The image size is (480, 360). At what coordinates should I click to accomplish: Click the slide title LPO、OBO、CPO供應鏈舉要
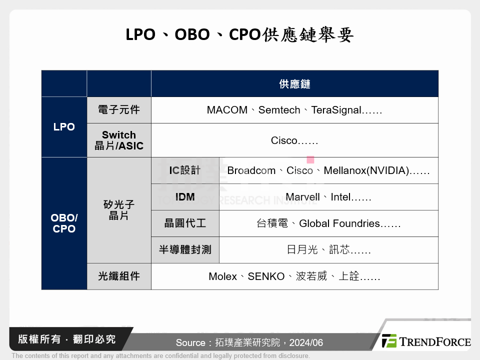pyautogui.click(x=240, y=35)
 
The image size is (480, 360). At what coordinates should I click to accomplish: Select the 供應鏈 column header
pyautogui.click(x=294, y=84)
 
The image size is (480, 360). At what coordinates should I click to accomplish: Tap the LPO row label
pyautogui.click(x=64, y=127)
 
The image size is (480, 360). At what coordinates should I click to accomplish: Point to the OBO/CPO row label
pyautogui.click(x=64, y=223)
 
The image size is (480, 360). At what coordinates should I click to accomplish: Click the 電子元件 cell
pyautogui.click(x=119, y=110)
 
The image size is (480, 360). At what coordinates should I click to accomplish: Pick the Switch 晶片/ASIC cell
pyautogui.click(x=119, y=140)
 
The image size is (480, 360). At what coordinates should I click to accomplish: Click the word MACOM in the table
pyautogui.click(x=227, y=110)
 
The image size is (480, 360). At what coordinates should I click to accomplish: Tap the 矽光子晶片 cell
pyautogui.click(x=119, y=210)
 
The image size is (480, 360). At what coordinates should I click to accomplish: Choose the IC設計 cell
pyautogui.click(x=185, y=170)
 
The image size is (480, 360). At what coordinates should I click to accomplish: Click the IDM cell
pyautogui.click(x=185, y=197)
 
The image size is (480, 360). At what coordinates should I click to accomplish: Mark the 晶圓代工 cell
pyautogui.click(x=185, y=223)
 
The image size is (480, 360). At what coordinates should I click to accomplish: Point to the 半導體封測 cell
pyautogui.click(x=185, y=250)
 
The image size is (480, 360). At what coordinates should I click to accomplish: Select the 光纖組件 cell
pyautogui.click(x=119, y=276)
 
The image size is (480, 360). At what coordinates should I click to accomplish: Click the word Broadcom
pyautogui.click(x=251, y=170)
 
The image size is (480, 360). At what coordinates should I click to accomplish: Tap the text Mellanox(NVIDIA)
pyautogui.click(x=366, y=170)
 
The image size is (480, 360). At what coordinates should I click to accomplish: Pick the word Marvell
pyautogui.click(x=302, y=197)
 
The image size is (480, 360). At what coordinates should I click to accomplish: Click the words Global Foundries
pyautogui.click(x=339, y=223)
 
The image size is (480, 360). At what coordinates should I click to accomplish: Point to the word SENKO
pyautogui.click(x=266, y=276)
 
